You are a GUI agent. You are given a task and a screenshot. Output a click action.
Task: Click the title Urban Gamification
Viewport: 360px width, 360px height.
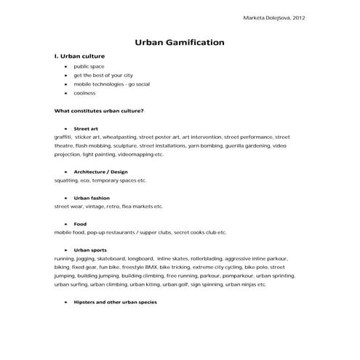(180, 42)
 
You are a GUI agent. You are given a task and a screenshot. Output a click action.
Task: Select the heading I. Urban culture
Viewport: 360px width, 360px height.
(80, 56)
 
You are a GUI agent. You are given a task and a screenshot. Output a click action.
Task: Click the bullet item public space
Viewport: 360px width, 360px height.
(89, 66)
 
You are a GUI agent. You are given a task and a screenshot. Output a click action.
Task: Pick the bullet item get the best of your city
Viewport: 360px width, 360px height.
(103, 75)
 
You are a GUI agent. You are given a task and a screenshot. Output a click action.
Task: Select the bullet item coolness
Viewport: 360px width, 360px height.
(85, 93)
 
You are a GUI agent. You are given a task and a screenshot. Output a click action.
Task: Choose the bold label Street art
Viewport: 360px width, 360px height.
(86, 128)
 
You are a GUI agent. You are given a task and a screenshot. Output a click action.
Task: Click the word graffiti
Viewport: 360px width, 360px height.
(63, 137)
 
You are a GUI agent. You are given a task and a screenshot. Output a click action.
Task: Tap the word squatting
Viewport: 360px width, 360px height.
(68, 180)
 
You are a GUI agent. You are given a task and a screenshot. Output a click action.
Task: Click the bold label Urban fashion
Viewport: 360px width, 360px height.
(92, 198)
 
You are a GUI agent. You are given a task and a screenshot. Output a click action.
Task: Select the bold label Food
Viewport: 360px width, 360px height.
(80, 224)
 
